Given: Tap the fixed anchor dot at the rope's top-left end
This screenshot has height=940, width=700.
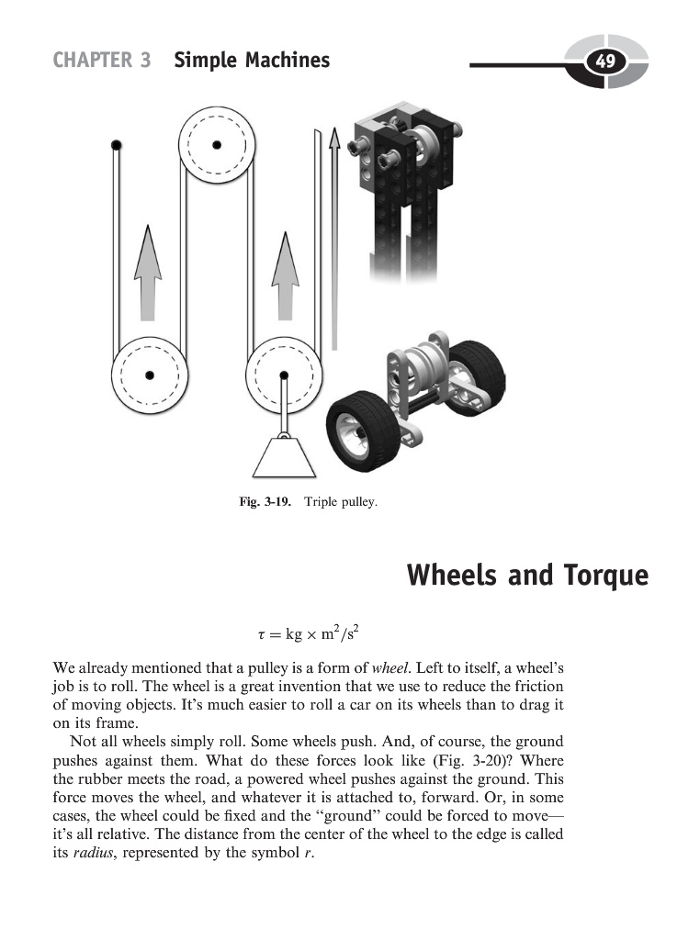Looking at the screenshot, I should (x=116, y=145).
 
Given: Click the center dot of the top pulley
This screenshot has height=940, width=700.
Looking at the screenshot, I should (x=217, y=144).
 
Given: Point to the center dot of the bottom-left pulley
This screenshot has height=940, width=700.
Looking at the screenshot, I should (x=149, y=374).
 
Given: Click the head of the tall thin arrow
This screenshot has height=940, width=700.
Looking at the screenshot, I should (x=334, y=138).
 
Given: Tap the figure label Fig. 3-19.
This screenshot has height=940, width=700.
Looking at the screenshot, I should (x=264, y=503).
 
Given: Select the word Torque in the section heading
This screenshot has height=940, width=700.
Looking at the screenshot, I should (x=603, y=576).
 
